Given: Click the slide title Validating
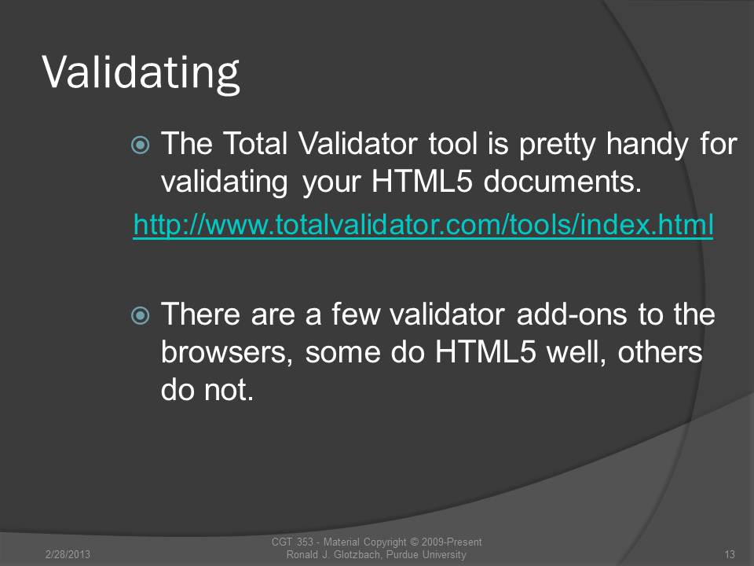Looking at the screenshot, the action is [x=141, y=72].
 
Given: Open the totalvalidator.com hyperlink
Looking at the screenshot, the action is [x=423, y=225].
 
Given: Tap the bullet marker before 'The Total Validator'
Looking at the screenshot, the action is [x=141, y=145].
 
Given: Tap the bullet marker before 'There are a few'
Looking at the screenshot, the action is [x=141, y=316].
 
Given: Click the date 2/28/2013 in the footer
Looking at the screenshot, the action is [x=68, y=554].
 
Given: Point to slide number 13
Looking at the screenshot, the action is [x=730, y=554].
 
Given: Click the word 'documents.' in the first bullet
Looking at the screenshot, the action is [x=562, y=182].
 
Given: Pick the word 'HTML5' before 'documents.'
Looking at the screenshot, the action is [x=423, y=182].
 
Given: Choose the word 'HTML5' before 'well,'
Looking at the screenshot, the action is [x=485, y=352].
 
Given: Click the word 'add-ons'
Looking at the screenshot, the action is [x=572, y=314].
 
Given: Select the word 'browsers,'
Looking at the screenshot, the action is [x=227, y=352].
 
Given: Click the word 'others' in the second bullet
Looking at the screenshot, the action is [x=661, y=352].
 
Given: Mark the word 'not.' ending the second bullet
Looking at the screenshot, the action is [x=229, y=391].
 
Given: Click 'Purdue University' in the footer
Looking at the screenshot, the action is [x=426, y=554].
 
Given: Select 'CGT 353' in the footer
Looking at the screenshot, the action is [x=292, y=542].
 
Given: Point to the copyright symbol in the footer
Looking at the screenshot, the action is [x=414, y=542].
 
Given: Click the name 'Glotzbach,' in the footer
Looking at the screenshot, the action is [x=358, y=554].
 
